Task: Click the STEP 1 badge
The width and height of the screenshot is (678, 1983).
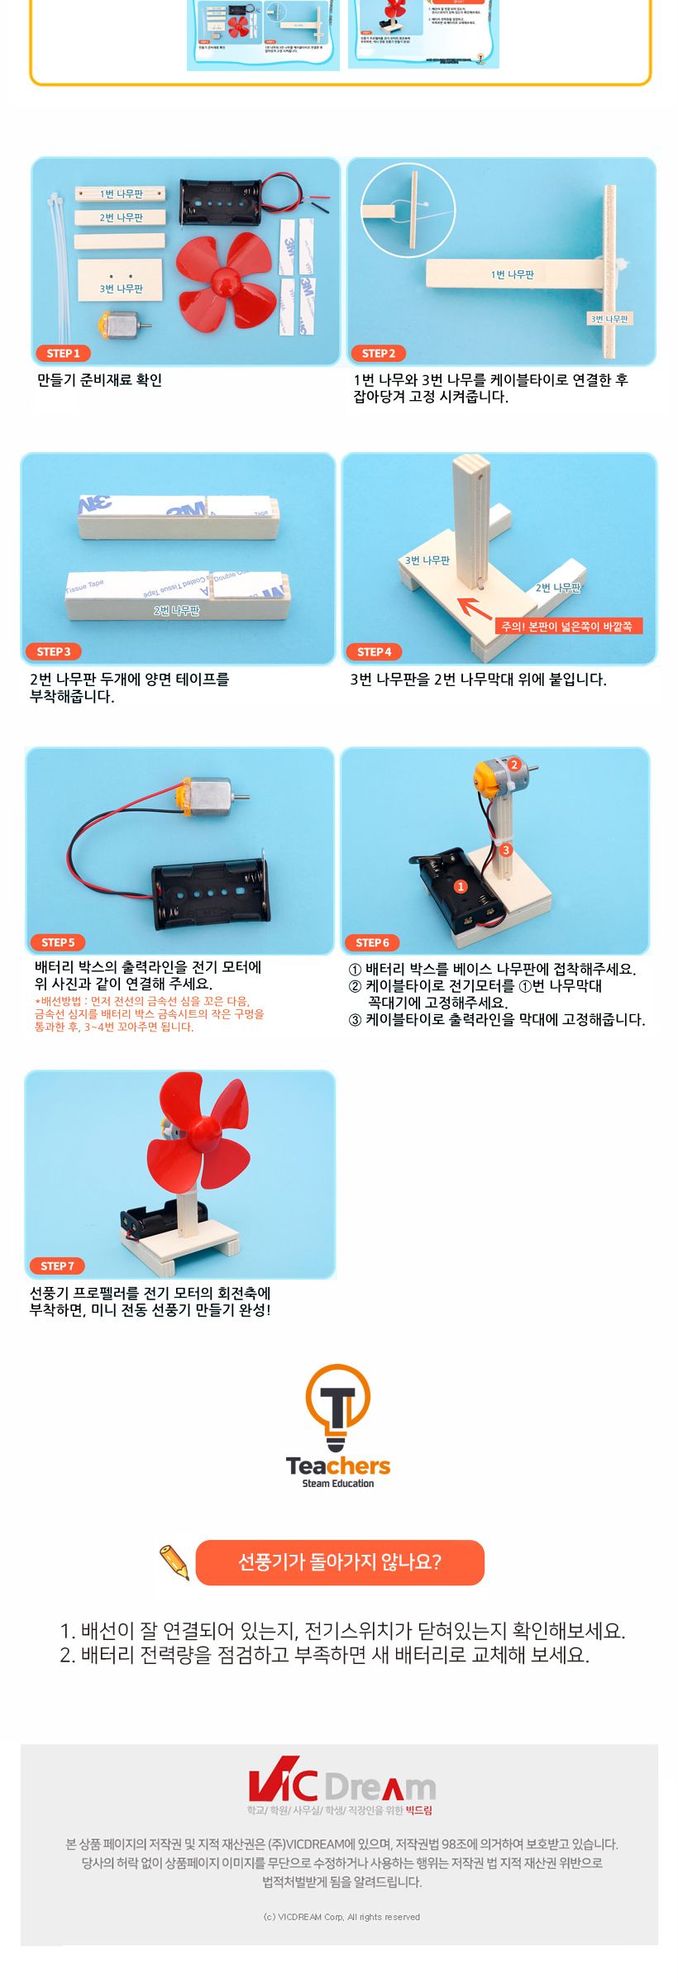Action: pos(63,353)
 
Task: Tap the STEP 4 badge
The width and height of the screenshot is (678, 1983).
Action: pos(374,651)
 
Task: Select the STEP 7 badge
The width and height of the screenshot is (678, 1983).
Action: pos(57,1266)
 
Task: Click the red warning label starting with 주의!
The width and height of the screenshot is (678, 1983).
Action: pos(567,627)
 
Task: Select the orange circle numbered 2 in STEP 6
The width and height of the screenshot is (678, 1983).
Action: pos(513,765)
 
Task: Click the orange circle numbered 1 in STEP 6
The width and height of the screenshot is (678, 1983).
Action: pos(461,886)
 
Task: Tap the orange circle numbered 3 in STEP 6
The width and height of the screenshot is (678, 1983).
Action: pos(506,849)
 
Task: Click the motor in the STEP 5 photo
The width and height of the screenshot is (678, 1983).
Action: pos(210,798)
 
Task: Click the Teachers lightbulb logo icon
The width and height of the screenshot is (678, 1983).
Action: pos(337,1406)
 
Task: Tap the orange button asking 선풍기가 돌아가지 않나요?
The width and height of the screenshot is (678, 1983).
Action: pos(340,1562)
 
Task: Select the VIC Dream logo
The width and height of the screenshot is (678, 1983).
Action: pos(341,1785)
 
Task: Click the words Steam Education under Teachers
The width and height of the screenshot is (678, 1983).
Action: pos(337,1484)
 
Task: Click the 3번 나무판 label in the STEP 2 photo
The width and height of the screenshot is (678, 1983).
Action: pos(609,318)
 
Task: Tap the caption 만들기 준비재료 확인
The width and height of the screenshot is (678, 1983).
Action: pos(99,380)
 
